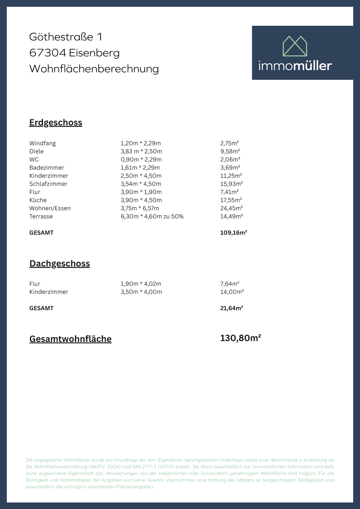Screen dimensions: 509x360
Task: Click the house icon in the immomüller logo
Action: tap(295, 46)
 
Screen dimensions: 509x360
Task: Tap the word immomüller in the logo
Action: tap(295, 66)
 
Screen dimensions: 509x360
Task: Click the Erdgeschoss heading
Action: tap(56, 123)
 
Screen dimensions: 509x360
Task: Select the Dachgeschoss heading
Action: tap(59, 263)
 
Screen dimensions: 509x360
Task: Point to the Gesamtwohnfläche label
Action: tap(70, 339)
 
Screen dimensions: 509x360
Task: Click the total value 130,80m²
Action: tap(240, 338)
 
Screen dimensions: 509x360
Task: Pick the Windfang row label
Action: tap(42, 143)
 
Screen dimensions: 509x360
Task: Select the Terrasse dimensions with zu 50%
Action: tap(152, 216)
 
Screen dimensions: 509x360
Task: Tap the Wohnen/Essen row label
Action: tap(50, 208)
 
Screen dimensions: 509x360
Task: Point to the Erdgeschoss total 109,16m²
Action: tap(233, 233)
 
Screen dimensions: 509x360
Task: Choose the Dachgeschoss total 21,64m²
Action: tap(231, 308)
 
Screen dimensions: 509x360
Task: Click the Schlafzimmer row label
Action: tap(48, 184)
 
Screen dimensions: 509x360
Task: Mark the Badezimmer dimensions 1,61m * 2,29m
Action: tap(141, 168)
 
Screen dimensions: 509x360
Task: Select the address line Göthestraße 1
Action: tap(66, 37)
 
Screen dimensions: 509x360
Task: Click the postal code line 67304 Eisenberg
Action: tap(74, 53)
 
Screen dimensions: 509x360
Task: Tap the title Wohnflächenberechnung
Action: tap(94, 69)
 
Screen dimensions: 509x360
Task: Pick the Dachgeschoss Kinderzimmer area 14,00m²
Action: tap(232, 292)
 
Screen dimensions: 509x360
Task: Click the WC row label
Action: tap(34, 159)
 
